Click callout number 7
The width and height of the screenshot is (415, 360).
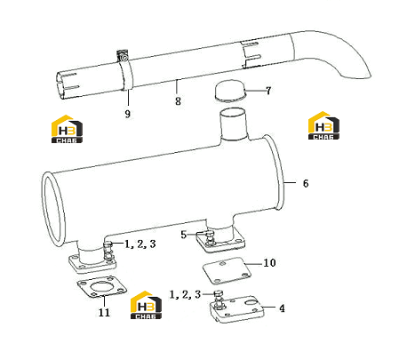point(268,91)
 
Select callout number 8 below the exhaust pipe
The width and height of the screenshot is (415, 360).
point(178,101)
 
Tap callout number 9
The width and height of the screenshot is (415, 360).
point(128,114)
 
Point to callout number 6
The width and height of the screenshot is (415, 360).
point(306,183)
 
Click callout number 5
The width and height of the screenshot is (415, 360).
point(184,235)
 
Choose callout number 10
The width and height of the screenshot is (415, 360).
point(269,262)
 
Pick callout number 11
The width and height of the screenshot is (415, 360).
point(104,312)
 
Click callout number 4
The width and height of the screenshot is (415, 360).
point(282,308)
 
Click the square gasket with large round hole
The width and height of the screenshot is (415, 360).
point(101,286)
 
